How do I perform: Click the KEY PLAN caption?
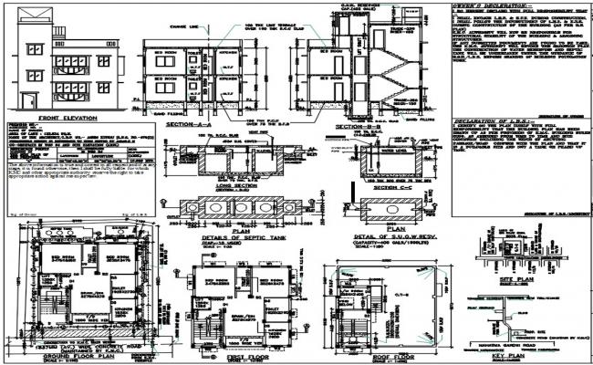[508, 357]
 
